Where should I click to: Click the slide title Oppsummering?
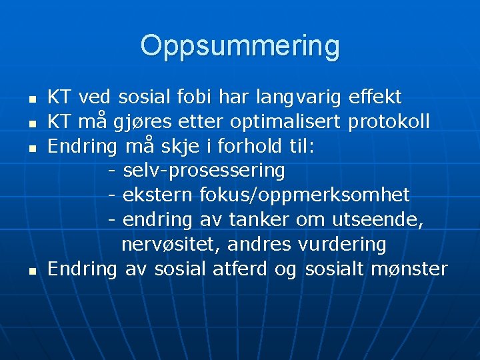pyautogui.click(x=240, y=46)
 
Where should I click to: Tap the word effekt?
pyautogui.click(x=375, y=98)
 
